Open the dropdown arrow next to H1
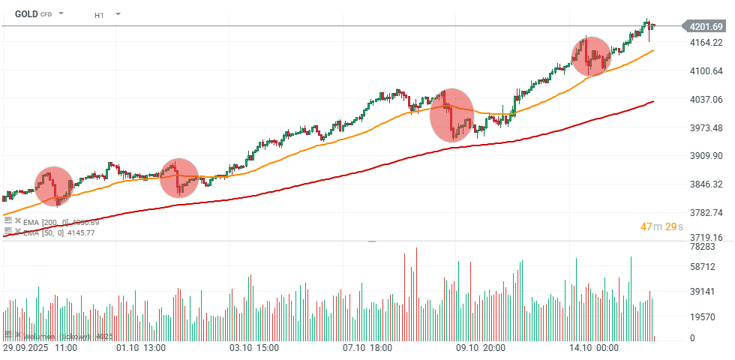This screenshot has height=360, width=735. [x=118, y=14]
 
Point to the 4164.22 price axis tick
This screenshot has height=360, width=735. [x=706, y=43]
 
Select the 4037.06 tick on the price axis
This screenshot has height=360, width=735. [x=706, y=100]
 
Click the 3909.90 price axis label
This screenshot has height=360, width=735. [x=706, y=156]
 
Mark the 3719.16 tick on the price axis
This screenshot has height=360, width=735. [x=706, y=237]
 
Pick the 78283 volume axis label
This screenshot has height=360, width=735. [x=703, y=247]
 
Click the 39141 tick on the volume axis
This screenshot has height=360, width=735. [x=703, y=292]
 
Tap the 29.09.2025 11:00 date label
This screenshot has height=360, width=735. [x=40, y=348]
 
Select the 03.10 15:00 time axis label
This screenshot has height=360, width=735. [x=254, y=348]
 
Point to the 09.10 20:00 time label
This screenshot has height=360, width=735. [x=481, y=348]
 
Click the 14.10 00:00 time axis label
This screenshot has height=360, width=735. [x=592, y=348]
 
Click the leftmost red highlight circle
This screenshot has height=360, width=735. [x=54, y=186]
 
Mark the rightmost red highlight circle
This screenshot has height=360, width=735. [x=592, y=56]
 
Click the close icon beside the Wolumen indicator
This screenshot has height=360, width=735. [x=18, y=334]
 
